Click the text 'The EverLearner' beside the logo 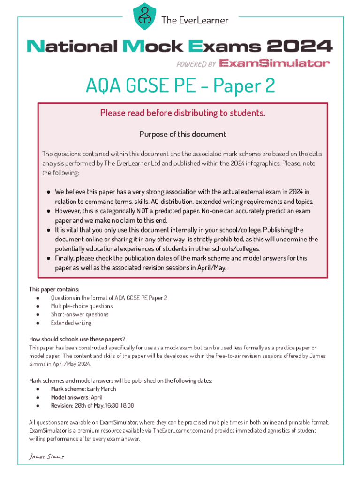pos(195,20)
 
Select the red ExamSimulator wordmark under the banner pos(274,63)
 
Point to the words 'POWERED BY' pos(196,63)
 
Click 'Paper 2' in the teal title pos(244,86)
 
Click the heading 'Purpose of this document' pos(182,134)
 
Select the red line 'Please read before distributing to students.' pos(182,113)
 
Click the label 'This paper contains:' pos(54,289)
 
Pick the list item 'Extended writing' pos(71,323)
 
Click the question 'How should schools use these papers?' pos(77,339)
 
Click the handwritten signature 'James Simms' pos(46,457)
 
